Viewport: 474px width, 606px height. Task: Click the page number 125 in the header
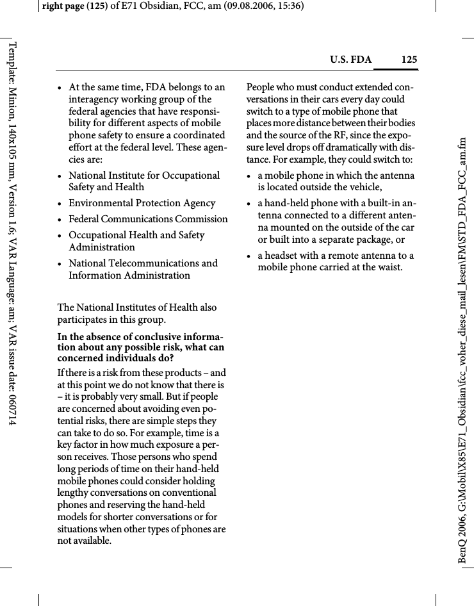point(409,60)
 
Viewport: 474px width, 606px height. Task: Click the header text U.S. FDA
point(350,60)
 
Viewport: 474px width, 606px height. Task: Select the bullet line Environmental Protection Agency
point(142,203)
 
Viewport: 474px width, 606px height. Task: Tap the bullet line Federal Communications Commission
point(148,219)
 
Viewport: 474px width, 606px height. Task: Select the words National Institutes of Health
point(128,307)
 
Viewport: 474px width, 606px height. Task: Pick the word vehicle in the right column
point(364,187)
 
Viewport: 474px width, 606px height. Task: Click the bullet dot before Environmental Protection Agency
point(60,204)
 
